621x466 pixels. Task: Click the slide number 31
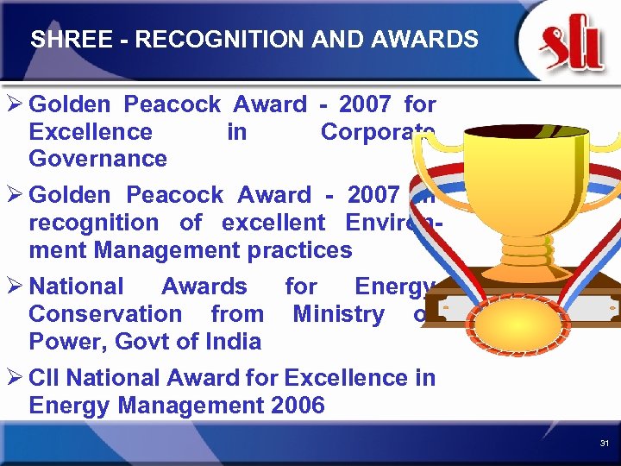605,443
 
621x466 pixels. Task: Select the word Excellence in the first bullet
91,132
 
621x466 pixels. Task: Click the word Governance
97,159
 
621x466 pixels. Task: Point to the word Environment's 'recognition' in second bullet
94,223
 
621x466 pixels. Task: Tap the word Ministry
339,314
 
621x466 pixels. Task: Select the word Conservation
105,314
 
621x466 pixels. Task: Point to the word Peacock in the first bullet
172,105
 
